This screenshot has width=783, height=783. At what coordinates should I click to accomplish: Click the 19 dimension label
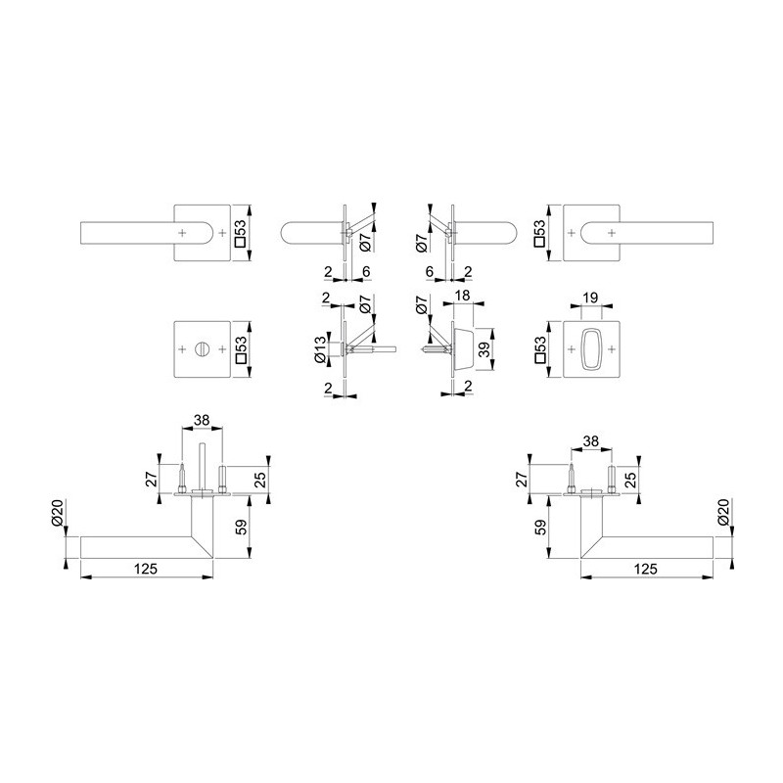tap(590, 299)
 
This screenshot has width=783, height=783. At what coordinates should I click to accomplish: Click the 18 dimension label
tap(463, 296)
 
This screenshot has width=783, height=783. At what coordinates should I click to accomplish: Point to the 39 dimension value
tap(484, 349)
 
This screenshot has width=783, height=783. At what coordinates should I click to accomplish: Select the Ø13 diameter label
tap(320, 349)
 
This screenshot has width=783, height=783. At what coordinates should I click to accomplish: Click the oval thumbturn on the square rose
tap(592, 349)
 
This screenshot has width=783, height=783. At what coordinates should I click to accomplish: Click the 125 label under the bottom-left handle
tap(146, 569)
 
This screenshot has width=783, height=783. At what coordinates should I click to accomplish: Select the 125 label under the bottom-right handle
tap(646, 569)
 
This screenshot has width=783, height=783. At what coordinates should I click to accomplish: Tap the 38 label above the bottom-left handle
tap(202, 421)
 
